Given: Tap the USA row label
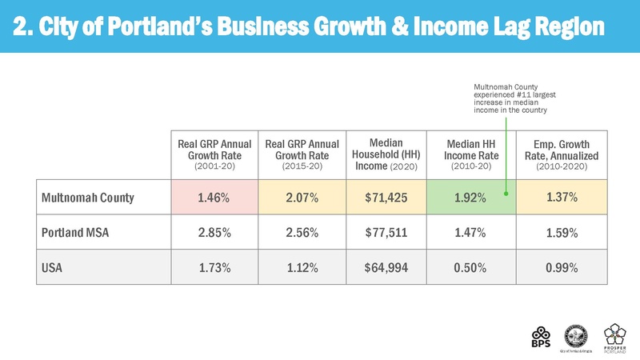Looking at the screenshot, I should [x=52, y=268].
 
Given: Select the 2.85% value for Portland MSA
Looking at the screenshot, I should [x=216, y=233].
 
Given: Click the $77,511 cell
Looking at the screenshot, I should [x=388, y=233].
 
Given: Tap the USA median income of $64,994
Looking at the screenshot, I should [x=388, y=268].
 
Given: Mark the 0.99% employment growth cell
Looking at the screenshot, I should [x=561, y=268].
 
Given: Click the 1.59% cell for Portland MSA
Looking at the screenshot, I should [x=561, y=233].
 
